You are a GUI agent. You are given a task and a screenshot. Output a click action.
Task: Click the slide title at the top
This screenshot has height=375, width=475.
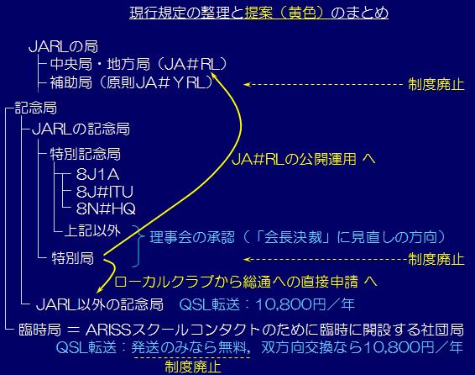259,13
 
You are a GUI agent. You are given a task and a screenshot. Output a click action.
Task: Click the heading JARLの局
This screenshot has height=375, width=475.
63,47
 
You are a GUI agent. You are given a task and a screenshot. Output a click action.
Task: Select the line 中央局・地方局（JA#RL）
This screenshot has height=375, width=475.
138,64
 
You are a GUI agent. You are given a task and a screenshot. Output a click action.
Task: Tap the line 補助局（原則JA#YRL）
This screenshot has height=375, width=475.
132,82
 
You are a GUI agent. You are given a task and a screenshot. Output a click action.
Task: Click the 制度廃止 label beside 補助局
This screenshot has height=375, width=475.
436,84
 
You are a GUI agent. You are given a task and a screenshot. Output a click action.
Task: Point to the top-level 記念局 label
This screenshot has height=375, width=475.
36,108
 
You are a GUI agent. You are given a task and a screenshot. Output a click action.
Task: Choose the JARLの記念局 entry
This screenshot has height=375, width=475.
81,129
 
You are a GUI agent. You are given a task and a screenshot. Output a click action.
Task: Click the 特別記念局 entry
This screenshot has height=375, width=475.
86,154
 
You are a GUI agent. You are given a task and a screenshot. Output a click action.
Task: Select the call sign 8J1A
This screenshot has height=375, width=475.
97,174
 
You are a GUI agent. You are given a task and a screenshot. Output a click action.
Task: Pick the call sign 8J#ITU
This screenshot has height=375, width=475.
105,192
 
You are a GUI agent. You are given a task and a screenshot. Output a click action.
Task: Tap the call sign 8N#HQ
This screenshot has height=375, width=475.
106,209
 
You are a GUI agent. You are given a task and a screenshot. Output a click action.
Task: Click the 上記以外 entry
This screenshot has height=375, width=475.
92,230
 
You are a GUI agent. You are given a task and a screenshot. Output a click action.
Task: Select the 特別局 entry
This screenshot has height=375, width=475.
73,258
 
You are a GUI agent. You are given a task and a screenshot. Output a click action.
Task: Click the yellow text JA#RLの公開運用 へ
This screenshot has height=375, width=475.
304,159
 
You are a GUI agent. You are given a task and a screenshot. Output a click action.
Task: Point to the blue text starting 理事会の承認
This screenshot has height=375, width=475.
298,237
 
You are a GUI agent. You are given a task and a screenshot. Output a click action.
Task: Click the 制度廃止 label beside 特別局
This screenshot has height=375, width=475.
436,259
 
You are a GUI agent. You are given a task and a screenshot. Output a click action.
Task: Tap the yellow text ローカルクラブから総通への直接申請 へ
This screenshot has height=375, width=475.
246,282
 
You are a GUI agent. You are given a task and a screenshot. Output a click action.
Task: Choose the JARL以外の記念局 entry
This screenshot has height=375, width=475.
100,304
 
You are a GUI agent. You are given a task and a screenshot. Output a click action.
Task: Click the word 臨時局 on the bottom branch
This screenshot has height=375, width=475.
40,330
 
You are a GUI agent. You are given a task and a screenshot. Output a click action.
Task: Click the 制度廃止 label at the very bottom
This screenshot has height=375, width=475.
193,367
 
